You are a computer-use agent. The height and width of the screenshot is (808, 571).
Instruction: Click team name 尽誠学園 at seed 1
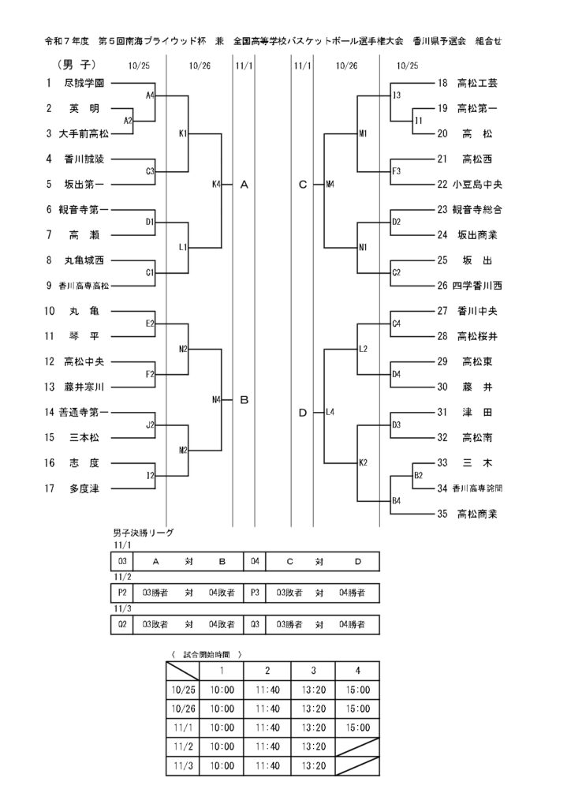(x=84, y=83)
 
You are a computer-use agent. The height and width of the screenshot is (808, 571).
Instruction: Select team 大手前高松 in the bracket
(x=84, y=133)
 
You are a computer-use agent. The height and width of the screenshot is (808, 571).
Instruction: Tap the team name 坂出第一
(x=84, y=184)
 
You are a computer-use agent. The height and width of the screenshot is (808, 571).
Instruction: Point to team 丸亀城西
(x=84, y=260)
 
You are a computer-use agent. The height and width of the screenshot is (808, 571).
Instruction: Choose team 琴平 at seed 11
(x=84, y=336)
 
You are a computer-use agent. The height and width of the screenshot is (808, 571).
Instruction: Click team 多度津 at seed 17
(x=84, y=488)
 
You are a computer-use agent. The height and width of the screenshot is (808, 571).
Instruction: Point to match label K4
(x=217, y=185)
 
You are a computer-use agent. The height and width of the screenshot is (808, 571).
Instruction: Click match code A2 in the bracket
(x=129, y=121)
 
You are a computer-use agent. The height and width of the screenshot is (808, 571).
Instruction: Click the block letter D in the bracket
(x=303, y=413)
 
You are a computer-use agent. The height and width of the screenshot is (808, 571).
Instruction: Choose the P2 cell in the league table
(x=122, y=593)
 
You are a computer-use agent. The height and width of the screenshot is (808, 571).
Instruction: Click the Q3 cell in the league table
(x=255, y=624)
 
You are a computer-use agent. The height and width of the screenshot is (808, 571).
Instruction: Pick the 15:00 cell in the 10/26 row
(x=358, y=709)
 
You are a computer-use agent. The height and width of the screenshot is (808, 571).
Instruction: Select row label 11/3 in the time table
(x=181, y=765)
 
